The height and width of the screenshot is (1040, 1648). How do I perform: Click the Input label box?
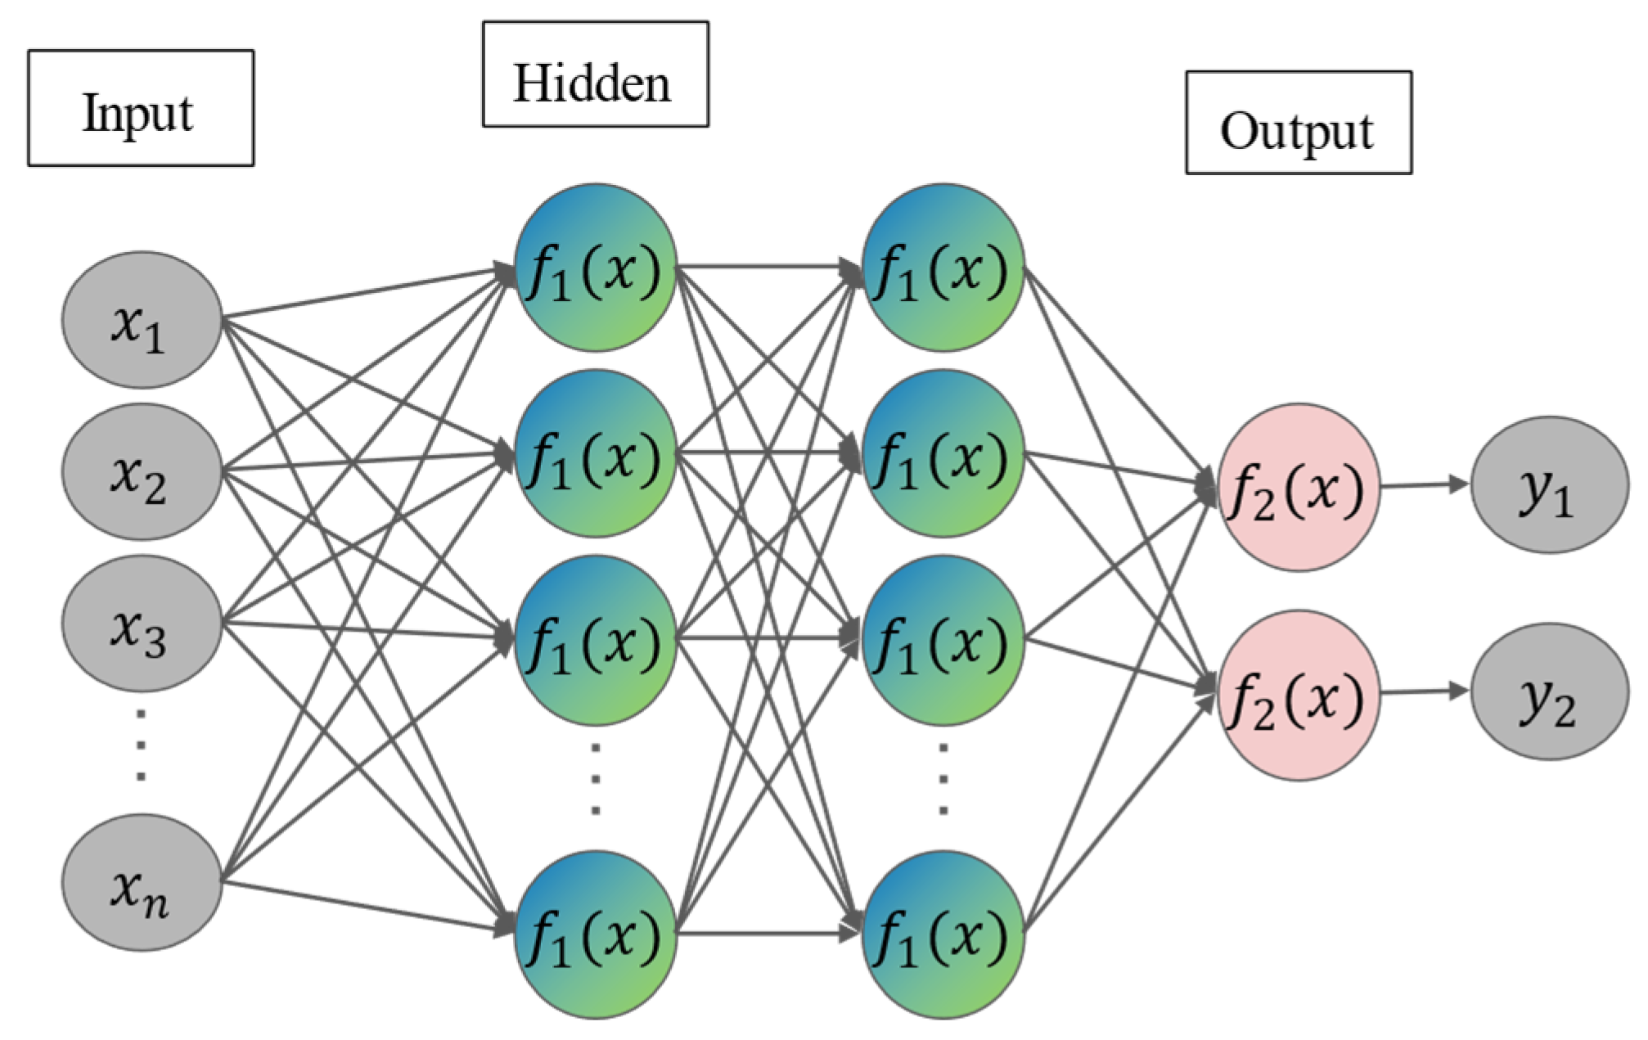141,108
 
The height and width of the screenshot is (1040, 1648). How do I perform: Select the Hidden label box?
595,74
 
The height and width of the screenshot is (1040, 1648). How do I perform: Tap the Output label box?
1298,123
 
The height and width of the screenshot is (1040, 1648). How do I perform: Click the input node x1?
142,320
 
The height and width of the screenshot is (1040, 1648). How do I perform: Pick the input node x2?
142,471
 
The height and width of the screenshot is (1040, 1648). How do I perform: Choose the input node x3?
142,624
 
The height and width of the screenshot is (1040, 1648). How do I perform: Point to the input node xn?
142,882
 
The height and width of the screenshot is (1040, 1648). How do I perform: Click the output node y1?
1549,485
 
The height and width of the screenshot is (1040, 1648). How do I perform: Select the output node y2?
1549,692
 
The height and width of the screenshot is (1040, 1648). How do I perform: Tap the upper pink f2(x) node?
1298,488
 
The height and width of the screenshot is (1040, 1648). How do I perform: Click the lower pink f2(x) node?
1298,696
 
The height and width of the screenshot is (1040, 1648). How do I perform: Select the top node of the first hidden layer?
595,268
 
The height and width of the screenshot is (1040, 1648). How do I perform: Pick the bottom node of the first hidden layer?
595,934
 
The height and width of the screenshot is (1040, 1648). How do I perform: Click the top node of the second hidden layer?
943,268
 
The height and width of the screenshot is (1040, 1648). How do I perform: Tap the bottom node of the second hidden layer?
943,934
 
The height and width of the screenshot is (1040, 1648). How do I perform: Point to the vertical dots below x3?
141,745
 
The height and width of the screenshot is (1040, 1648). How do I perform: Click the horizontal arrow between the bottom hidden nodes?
769,933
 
